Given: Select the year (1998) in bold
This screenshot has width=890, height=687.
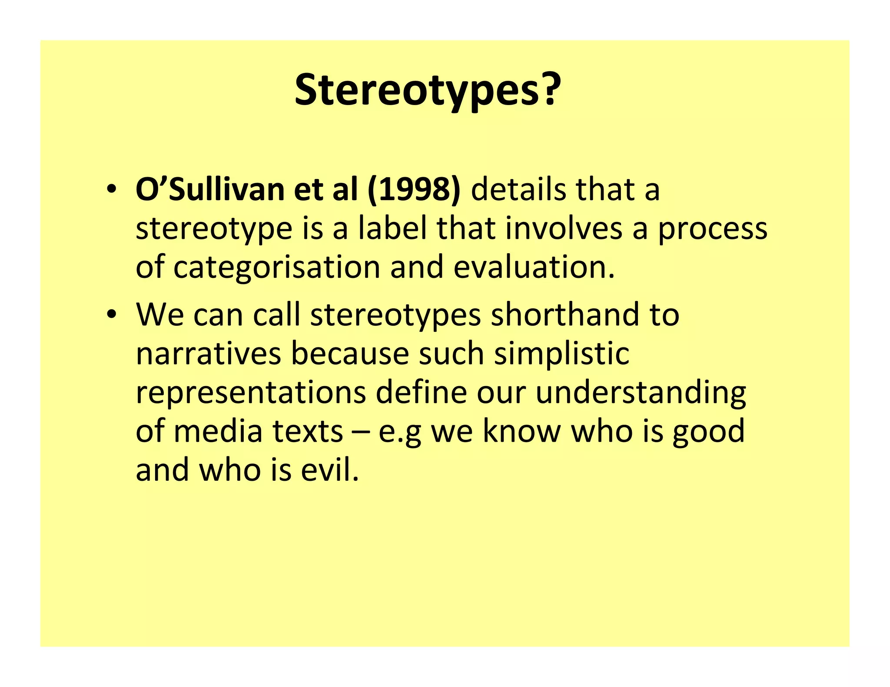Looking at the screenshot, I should click(414, 190).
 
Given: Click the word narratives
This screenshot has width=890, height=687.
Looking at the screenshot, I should click(209, 353).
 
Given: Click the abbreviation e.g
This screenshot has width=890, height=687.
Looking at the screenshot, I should click(399, 431).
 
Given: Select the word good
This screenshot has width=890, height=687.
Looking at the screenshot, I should click(708, 431).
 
